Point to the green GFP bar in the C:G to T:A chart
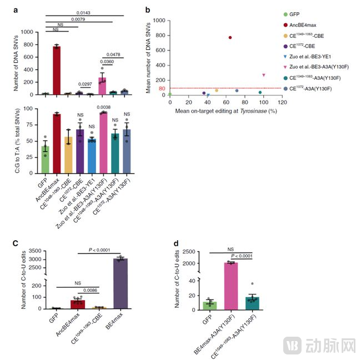[x=45, y=161]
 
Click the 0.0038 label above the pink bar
[x=102, y=107]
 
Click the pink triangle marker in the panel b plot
[x=264, y=75]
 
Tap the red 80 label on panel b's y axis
[x=162, y=88]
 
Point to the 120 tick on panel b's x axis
[x=282, y=103]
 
